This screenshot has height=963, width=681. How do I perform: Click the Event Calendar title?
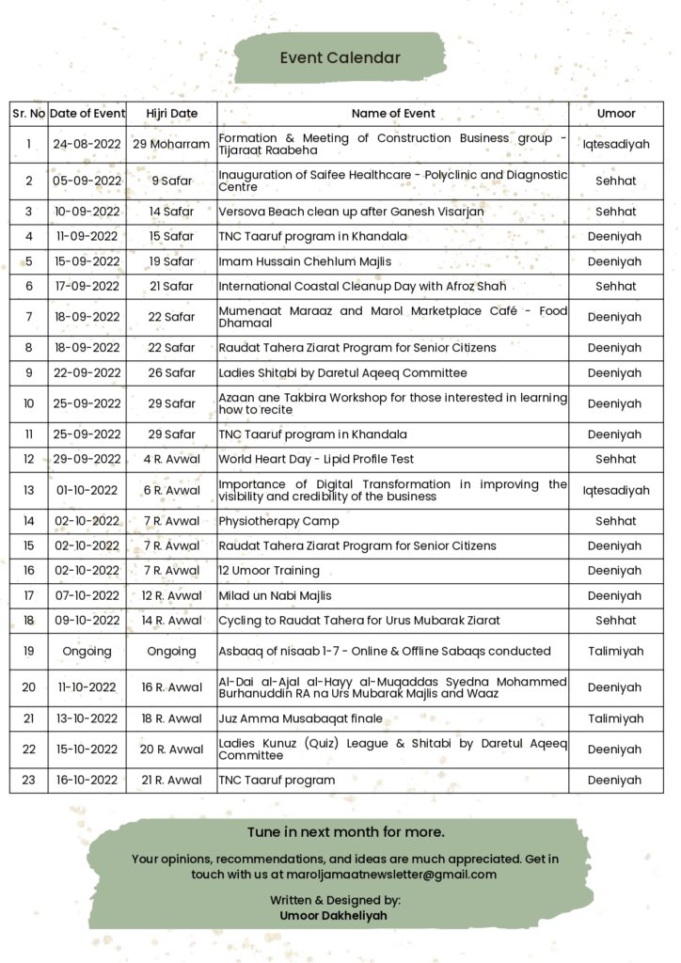click(340, 58)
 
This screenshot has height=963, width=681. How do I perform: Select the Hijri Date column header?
click(172, 113)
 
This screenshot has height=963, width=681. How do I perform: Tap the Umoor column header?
click(616, 113)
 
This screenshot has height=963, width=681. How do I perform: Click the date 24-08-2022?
click(87, 144)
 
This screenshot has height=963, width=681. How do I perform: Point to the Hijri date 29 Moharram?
click(172, 144)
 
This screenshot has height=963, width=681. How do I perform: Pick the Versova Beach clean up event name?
click(351, 212)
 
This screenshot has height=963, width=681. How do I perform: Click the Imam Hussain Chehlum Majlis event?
click(305, 261)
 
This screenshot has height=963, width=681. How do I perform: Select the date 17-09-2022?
click(87, 286)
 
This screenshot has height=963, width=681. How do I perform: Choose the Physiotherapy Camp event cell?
click(278, 521)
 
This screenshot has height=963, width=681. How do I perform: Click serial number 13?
click(29, 490)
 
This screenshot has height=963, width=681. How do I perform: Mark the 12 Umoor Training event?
click(269, 571)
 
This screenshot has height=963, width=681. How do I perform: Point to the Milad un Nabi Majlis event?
click(275, 595)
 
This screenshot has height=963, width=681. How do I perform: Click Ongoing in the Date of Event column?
click(87, 651)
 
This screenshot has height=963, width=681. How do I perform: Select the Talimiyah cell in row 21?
click(616, 718)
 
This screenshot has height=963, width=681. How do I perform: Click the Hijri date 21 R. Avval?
click(172, 780)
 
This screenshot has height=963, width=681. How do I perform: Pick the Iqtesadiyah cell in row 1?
click(616, 144)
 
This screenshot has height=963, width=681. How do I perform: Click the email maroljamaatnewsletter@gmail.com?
click(392, 875)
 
